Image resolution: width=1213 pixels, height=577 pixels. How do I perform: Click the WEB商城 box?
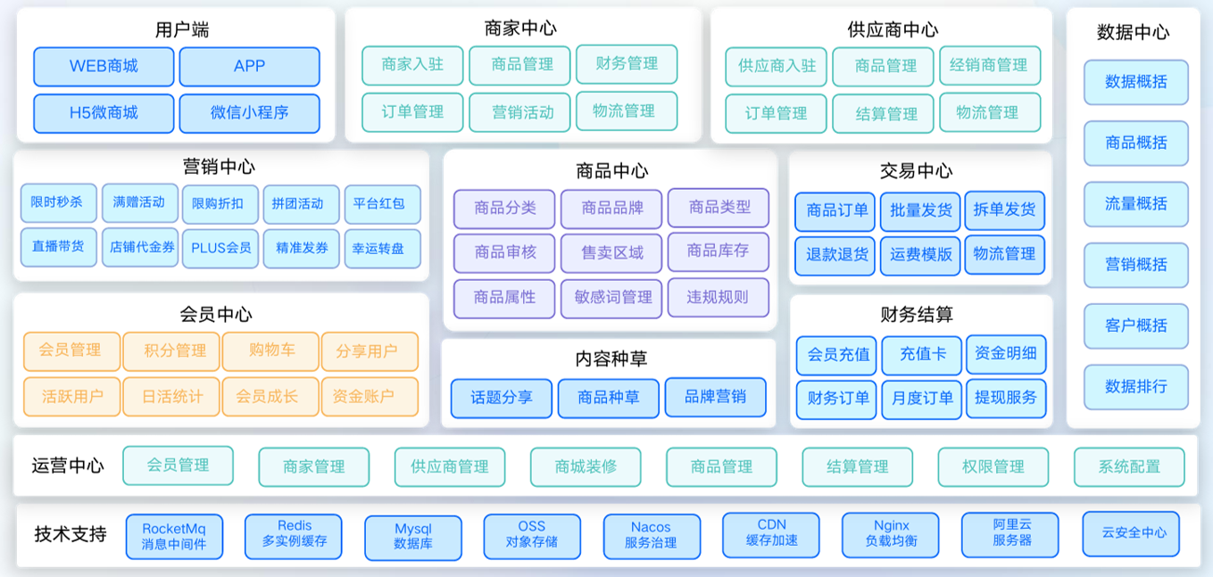(104, 66)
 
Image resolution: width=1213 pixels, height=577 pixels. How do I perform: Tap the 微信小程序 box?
(249, 113)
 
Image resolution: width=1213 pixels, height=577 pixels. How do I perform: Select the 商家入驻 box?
(412, 65)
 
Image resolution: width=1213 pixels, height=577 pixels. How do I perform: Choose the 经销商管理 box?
(989, 65)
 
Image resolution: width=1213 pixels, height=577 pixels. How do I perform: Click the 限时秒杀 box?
(57, 203)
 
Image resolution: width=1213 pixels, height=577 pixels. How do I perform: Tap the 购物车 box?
(271, 350)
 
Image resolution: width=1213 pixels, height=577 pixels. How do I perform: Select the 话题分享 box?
(501, 398)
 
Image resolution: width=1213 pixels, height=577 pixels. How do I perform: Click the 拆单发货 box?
(1005, 210)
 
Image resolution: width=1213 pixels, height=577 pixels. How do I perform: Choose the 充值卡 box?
(922, 354)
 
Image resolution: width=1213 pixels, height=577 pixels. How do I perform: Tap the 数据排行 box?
(1135, 387)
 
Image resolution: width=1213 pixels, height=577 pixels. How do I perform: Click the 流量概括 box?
(1135, 204)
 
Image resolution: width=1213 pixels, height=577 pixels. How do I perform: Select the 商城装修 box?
(585, 466)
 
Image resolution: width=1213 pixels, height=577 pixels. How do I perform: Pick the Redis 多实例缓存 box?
(294, 534)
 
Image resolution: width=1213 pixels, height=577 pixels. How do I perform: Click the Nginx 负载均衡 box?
(890, 534)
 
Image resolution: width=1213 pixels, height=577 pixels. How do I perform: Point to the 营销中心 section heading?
(219, 167)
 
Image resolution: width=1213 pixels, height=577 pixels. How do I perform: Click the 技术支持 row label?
(71, 534)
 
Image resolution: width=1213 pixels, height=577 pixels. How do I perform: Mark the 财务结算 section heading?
(917, 314)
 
